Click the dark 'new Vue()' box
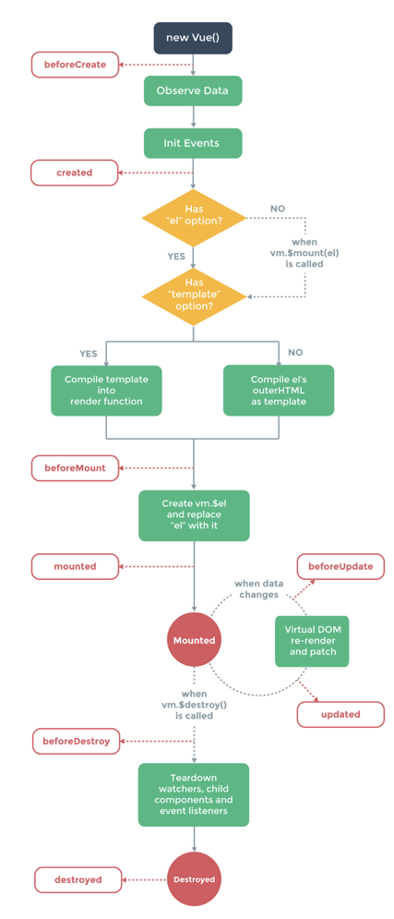point(193,38)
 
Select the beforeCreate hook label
point(75,65)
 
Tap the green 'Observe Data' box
point(193,91)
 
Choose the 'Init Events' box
point(193,143)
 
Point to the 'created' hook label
point(75,173)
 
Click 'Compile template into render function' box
point(106,391)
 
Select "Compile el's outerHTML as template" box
point(279,391)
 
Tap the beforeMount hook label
point(75,468)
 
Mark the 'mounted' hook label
point(75,567)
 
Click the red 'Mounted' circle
point(194,641)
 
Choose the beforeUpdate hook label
point(340,567)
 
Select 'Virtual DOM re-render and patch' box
point(312,640)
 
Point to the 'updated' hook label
point(340,715)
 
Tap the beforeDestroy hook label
point(76,742)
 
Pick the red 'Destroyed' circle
point(194,879)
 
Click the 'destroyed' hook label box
point(78,879)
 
